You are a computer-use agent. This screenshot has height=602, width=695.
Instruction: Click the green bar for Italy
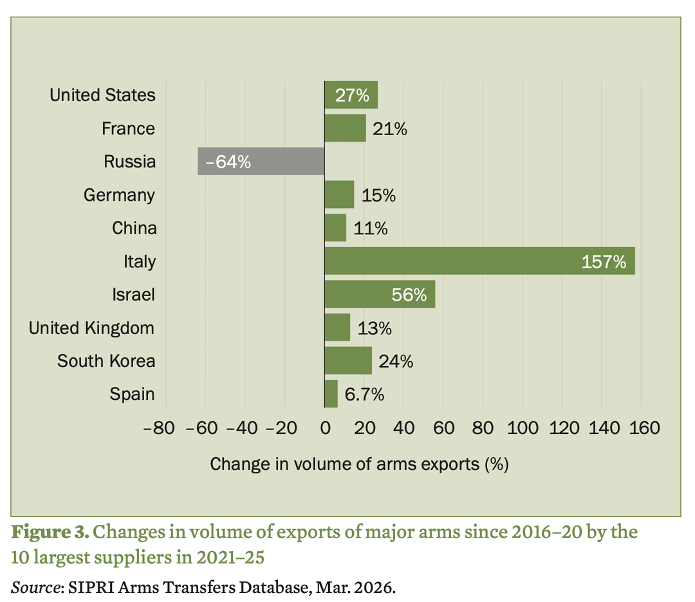(x=479, y=261)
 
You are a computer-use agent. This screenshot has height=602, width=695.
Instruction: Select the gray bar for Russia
(x=261, y=161)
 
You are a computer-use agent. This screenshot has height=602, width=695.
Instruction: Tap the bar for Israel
(x=380, y=294)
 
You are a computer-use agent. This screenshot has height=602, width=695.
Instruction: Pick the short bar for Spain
(x=331, y=393)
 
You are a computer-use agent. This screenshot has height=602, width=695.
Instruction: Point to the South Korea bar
(x=348, y=361)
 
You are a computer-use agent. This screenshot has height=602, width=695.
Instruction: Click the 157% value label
(x=604, y=261)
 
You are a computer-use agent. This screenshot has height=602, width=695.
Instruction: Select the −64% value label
(x=228, y=162)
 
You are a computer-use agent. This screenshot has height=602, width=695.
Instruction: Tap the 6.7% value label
(x=364, y=394)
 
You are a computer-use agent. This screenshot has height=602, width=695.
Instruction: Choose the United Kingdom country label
(x=91, y=328)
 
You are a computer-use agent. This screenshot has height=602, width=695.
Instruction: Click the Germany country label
(x=119, y=194)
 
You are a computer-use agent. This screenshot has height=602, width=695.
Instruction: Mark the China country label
(x=134, y=228)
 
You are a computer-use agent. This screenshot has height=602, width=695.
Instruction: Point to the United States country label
(x=102, y=95)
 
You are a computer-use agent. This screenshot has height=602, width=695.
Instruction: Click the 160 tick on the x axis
(x=641, y=428)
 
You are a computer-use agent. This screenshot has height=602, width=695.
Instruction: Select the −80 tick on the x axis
(x=166, y=428)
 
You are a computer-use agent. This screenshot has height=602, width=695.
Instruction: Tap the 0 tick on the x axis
(x=324, y=428)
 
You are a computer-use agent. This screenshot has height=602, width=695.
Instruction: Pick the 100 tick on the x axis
(x=522, y=428)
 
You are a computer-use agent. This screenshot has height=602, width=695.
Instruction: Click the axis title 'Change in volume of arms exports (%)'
(x=359, y=463)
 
